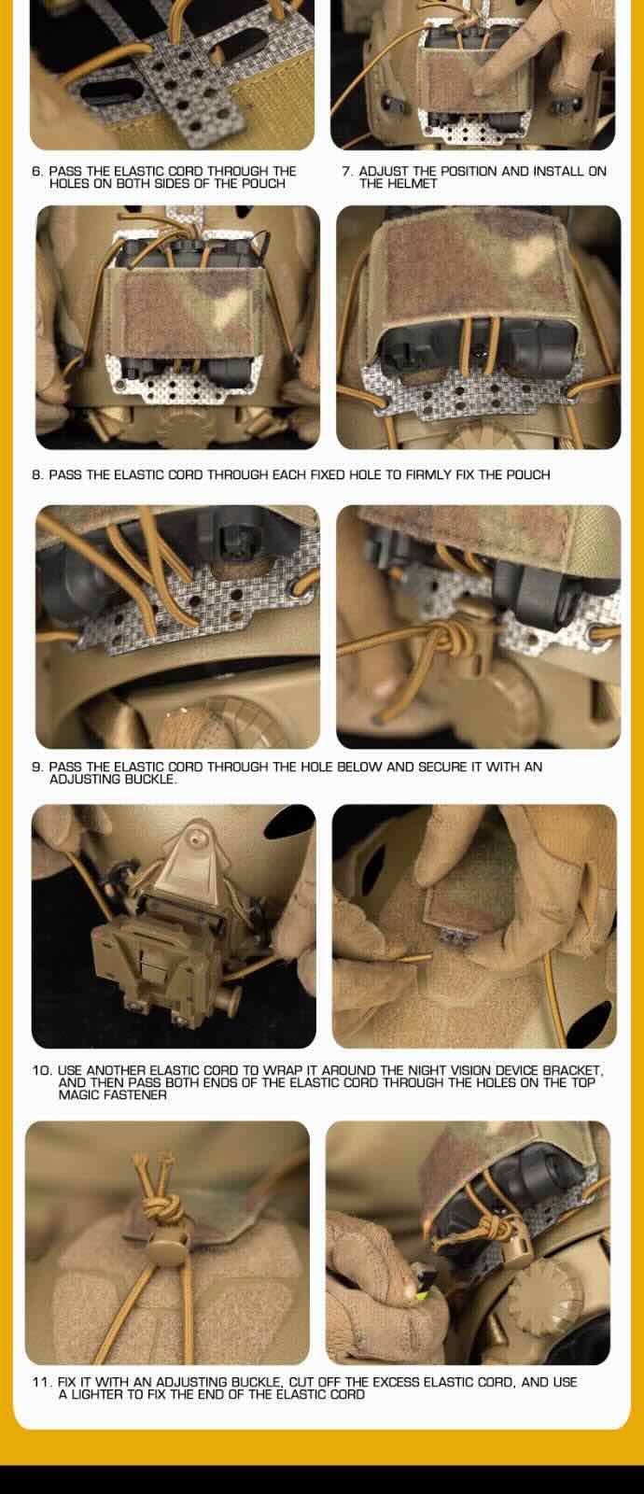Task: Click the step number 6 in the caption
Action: pos(36,172)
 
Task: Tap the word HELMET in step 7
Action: pos(398,183)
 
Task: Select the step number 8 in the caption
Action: pos(36,475)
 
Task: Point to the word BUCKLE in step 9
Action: pos(151,779)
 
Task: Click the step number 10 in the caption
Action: pos(41,1070)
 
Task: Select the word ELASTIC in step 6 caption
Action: pos(136,172)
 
